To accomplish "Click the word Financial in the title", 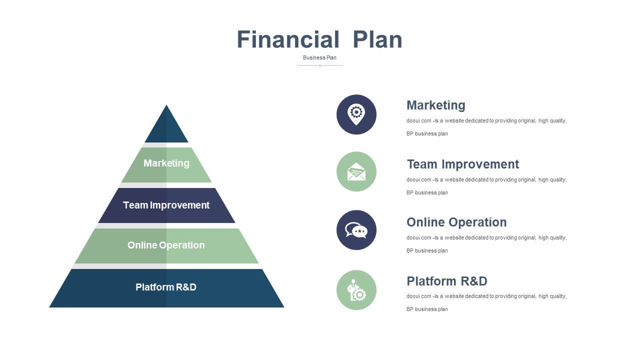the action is pyautogui.click(x=288, y=39).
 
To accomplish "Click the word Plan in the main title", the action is pyautogui.click(x=377, y=39).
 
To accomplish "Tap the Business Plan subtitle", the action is pyautogui.click(x=319, y=57).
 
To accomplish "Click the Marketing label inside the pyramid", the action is pyautogui.click(x=166, y=163).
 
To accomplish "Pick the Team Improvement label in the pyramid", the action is pyautogui.click(x=166, y=205).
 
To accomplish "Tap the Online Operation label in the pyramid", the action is pyautogui.click(x=166, y=245).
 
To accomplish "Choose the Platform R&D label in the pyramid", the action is pyautogui.click(x=166, y=287).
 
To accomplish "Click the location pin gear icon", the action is pyautogui.click(x=356, y=114).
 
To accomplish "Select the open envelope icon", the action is pyautogui.click(x=356, y=171).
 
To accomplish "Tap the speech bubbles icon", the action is pyautogui.click(x=356, y=230).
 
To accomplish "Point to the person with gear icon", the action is pyautogui.click(x=356, y=290).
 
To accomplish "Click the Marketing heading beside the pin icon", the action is pyautogui.click(x=436, y=105).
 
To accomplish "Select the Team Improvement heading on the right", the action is pyautogui.click(x=463, y=164).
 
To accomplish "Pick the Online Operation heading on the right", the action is pyautogui.click(x=456, y=222).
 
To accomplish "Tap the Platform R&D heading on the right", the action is pyautogui.click(x=447, y=281).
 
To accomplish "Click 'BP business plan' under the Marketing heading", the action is pyautogui.click(x=427, y=133).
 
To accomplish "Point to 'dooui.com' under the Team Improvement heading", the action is pyautogui.click(x=419, y=179).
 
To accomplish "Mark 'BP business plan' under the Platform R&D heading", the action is pyautogui.click(x=427, y=309).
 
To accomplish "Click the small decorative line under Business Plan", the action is pyautogui.click(x=320, y=65).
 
